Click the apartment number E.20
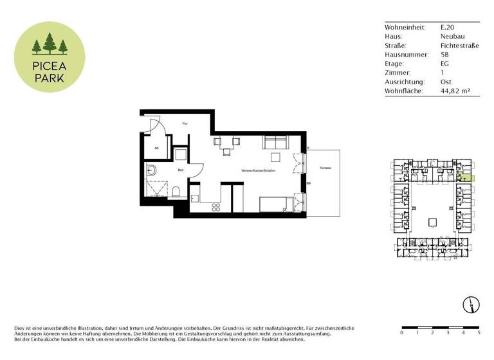pos(448,28)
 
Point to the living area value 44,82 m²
pos(455,91)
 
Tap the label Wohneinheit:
pos(404,28)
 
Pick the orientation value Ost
pos(446,82)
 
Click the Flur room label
pos(185,123)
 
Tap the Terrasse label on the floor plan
pos(325,168)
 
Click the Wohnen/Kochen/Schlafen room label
pos(256,170)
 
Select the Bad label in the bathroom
pos(181,170)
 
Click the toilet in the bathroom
pos(176,191)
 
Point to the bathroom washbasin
pos(151,171)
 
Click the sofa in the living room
pos(275,143)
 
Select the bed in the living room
pos(277,205)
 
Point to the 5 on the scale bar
pos(479,333)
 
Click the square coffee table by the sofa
pos(275,157)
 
